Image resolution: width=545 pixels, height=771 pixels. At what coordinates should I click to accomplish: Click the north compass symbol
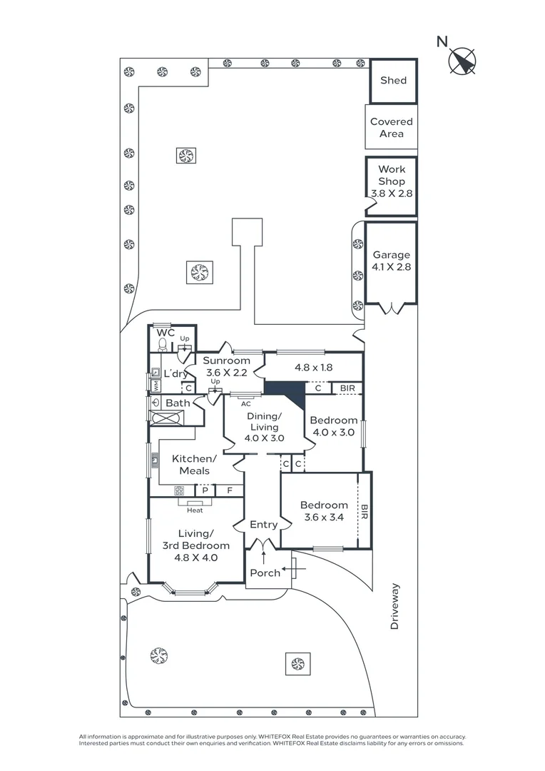click(x=462, y=61)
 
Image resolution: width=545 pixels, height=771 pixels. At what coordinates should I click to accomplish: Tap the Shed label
click(x=394, y=80)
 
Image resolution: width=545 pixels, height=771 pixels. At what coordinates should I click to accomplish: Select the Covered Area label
click(x=391, y=127)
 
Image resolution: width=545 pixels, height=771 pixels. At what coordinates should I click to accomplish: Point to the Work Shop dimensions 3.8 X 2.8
click(x=392, y=193)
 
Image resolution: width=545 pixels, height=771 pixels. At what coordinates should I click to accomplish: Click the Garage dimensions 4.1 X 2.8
click(x=392, y=267)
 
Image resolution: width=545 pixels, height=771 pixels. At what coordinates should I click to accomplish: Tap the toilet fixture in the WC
click(x=163, y=346)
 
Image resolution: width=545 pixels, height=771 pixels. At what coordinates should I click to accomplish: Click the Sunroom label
click(x=227, y=361)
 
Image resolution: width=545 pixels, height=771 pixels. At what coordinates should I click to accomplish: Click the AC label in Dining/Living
click(x=245, y=404)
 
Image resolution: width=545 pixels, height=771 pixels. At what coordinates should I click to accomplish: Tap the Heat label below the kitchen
click(x=195, y=510)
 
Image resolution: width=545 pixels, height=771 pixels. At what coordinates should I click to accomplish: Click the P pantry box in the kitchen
click(x=205, y=490)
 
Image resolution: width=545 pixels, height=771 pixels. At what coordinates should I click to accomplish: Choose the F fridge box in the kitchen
click(x=230, y=490)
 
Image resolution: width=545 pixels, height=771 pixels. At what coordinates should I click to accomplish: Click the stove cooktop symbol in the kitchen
click(x=179, y=490)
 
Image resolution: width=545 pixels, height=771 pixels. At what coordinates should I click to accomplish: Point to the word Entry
click(x=264, y=525)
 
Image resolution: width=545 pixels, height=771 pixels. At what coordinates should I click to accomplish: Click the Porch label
click(x=265, y=573)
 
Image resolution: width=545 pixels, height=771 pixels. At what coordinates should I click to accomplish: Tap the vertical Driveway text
click(x=394, y=606)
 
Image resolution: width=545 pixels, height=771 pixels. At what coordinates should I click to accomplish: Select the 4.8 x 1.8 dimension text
click(x=314, y=368)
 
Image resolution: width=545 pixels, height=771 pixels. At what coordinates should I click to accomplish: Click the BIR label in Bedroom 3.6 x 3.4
click(x=364, y=512)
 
